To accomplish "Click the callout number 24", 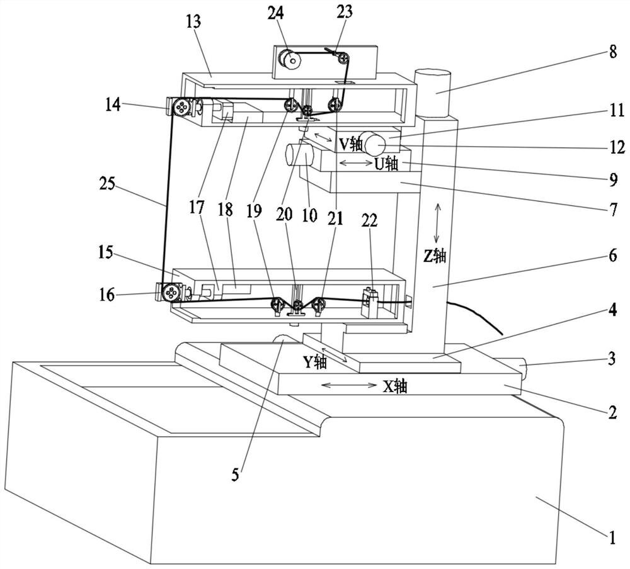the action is pos(276,13).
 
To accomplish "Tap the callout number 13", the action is pos(193,21).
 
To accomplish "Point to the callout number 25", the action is pos(107,184).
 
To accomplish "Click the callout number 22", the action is pos(370,220).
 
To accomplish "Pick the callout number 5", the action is pos(235,475).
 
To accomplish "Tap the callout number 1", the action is pos(612,538).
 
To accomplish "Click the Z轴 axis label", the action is pos(434,256).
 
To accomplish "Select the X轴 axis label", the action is pos(395,386).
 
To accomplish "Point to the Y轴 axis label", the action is pos(314,362).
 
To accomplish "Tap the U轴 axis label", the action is pos(387,164).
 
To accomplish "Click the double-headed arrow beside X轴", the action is pos(349,385).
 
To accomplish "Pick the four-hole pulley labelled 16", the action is pos(171,292).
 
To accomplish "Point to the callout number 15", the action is pos(106,254).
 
